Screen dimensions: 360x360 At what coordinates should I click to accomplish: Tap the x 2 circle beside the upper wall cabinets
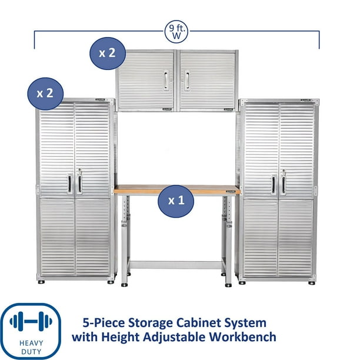(x=107, y=53)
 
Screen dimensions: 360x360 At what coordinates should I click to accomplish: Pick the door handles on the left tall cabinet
(x=74, y=183)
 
